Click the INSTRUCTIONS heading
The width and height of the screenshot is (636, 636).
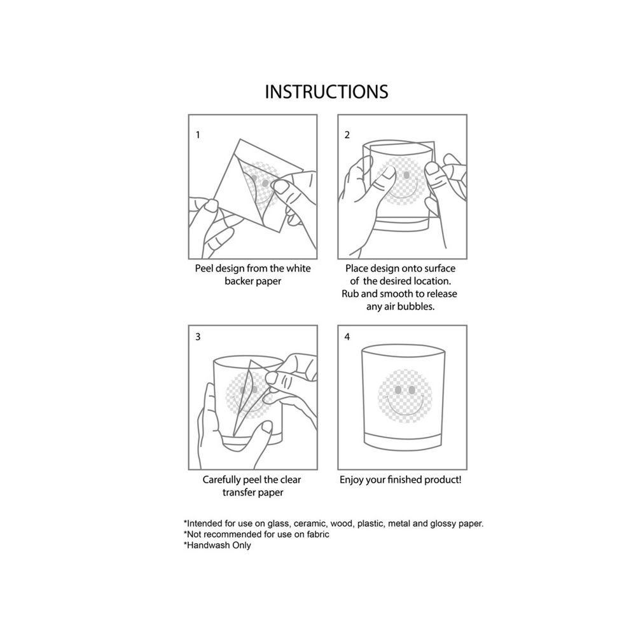326,92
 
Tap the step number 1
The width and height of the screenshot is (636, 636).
198,135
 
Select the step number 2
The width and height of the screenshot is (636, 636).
347,135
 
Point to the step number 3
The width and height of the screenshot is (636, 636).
198,336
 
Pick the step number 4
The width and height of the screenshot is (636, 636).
347,336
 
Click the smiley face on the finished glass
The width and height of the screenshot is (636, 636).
404,396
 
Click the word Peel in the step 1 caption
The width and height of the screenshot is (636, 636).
204,268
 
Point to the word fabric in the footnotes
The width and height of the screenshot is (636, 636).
318,534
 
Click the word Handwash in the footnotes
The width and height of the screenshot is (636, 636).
204,545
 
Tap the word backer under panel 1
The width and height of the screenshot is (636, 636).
238,281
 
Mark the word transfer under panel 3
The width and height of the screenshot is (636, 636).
239,492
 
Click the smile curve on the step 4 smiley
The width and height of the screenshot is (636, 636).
404,409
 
